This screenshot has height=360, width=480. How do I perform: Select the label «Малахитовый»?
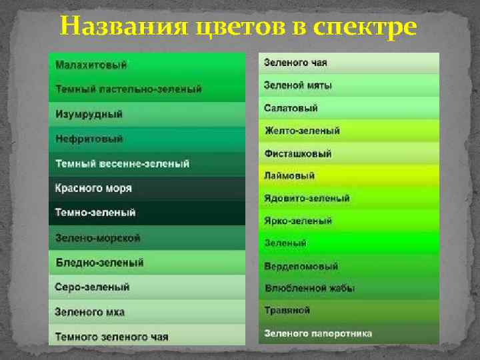coord(91,65)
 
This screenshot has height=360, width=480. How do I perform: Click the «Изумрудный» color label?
coord(89,114)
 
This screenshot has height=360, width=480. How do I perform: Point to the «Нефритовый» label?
coord(89,139)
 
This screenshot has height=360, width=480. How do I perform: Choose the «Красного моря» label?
coord(93,188)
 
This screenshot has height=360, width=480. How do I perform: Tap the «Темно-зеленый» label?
coord(95,213)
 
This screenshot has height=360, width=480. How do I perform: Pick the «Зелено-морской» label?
coord(98,237)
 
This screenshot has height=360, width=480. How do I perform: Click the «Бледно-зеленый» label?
coord(99,263)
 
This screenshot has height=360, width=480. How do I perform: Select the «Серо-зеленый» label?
coord(93,287)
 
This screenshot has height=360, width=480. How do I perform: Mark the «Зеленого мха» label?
coord(90,312)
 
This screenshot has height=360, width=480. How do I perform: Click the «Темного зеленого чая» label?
coord(112,336)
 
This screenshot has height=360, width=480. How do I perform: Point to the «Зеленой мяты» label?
coord(298,85)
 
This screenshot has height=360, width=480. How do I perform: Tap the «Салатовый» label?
coord(291,108)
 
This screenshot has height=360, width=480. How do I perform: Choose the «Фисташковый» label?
coord(298,153)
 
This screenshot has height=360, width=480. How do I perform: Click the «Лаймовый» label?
coord(289,176)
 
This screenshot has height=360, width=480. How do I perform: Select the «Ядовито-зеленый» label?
coord(307,199)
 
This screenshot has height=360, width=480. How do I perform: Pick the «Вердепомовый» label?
coord(301,267)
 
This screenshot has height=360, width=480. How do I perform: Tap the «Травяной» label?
coord(287,311)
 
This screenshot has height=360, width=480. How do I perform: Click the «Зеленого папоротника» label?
coord(318,333)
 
